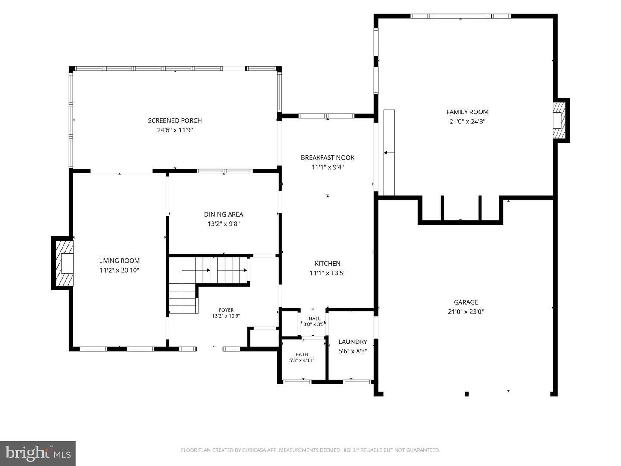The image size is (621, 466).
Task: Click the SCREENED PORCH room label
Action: [x=175, y=120]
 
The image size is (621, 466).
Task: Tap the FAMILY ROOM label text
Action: [x=467, y=112]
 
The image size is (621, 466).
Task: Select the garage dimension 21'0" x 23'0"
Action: [x=466, y=312]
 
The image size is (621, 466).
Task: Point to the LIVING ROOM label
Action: [x=119, y=261]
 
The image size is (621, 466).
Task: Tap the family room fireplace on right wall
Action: [x=559, y=120]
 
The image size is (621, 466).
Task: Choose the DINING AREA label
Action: [x=223, y=214]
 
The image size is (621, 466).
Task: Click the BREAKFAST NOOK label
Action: [x=328, y=157]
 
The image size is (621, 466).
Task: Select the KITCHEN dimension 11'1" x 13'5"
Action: [x=328, y=273]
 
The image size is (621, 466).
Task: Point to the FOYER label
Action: [x=226, y=310]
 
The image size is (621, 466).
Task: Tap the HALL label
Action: [x=314, y=318]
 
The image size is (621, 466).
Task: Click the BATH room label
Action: [x=302, y=354]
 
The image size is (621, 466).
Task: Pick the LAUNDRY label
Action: [x=353, y=342]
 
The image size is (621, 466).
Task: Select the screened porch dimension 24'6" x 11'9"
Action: [x=175, y=130]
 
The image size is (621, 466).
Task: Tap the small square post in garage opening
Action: [x=467, y=394]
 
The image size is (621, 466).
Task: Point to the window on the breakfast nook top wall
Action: [x=326, y=116]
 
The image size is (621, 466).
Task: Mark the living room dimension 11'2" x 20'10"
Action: [x=119, y=271]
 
